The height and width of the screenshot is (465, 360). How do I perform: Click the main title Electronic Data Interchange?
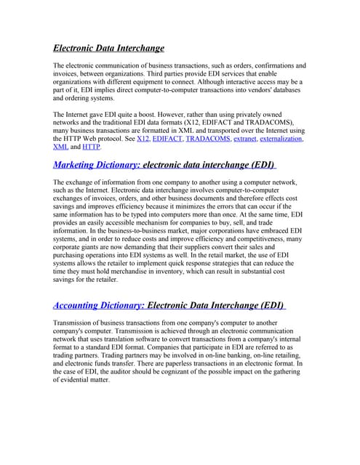click(108, 48)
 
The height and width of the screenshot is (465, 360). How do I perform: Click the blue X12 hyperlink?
click(143, 138)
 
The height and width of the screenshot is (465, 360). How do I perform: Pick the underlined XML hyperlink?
click(61, 146)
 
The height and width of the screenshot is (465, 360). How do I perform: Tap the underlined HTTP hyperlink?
click(92, 146)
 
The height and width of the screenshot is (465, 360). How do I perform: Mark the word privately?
click(271, 115)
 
